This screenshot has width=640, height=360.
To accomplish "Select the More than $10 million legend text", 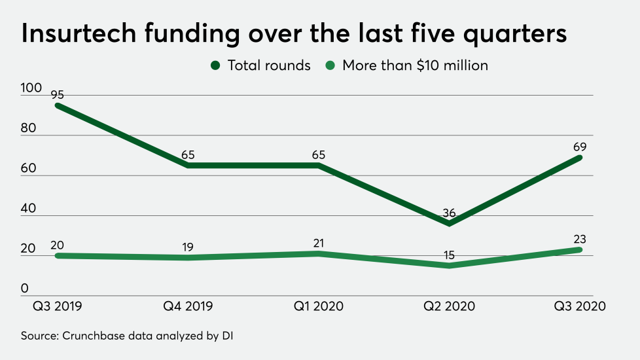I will [x=415, y=65].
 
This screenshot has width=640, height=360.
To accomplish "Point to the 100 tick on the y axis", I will [x=30, y=88].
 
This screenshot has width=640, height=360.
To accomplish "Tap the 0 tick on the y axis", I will [x=24, y=289].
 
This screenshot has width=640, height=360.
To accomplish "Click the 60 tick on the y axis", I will [x=29, y=168].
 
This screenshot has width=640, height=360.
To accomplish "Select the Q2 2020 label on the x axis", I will [x=449, y=306].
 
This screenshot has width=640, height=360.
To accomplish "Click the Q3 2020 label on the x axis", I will [x=580, y=306].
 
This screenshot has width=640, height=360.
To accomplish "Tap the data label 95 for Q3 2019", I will [x=58, y=94].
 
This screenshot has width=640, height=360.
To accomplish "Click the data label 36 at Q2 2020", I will [x=449, y=213].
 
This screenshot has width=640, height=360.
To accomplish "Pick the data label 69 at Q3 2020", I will [x=580, y=146].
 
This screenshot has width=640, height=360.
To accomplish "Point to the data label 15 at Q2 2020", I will [x=449, y=255].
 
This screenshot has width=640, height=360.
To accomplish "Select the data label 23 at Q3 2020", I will [x=580, y=239].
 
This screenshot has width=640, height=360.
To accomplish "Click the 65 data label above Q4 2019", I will [x=187, y=154].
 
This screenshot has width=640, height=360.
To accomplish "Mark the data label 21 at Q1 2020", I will [x=318, y=243].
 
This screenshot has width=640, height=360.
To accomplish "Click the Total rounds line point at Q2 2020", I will [x=449, y=224].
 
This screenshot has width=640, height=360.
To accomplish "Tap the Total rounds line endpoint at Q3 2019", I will [x=58, y=105].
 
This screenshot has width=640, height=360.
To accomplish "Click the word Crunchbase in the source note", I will [x=91, y=336].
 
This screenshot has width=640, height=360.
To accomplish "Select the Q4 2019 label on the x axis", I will [x=187, y=306].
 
